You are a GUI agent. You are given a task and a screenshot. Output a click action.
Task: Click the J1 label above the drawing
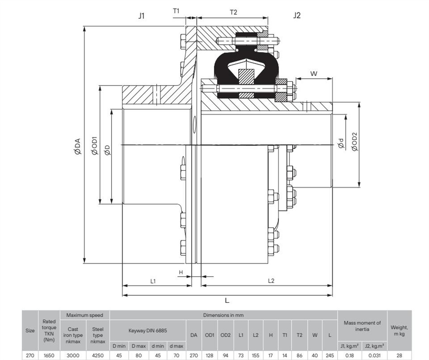[x=141, y=16]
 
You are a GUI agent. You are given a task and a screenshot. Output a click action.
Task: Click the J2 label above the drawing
[x=297, y=15]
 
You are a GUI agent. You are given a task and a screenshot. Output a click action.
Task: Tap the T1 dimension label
[x=176, y=11]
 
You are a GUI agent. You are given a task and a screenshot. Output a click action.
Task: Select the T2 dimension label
[x=233, y=12]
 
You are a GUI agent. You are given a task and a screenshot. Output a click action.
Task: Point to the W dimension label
[x=314, y=74]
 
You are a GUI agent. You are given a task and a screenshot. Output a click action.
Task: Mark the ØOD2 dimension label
[x=355, y=142]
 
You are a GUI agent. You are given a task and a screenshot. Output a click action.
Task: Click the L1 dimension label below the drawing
[x=153, y=281]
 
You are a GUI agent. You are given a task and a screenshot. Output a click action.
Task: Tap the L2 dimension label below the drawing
[x=271, y=280]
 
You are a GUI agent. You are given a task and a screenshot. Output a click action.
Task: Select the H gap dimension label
[x=181, y=272]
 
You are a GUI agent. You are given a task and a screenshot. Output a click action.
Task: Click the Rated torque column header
[x=49, y=331]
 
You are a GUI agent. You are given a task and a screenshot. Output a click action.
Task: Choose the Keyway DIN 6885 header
[x=148, y=331]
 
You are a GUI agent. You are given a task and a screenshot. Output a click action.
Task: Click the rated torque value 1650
[x=49, y=356]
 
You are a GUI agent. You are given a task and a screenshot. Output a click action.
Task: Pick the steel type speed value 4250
[x=98, y=356]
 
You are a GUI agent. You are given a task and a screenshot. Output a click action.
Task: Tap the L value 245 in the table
[x=330, y=356]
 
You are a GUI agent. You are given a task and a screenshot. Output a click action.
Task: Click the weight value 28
[x=400, y=356]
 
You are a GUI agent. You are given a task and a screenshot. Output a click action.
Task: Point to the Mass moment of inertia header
[x=362, y=326]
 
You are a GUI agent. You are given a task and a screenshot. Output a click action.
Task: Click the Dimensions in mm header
[x=223, y=315]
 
